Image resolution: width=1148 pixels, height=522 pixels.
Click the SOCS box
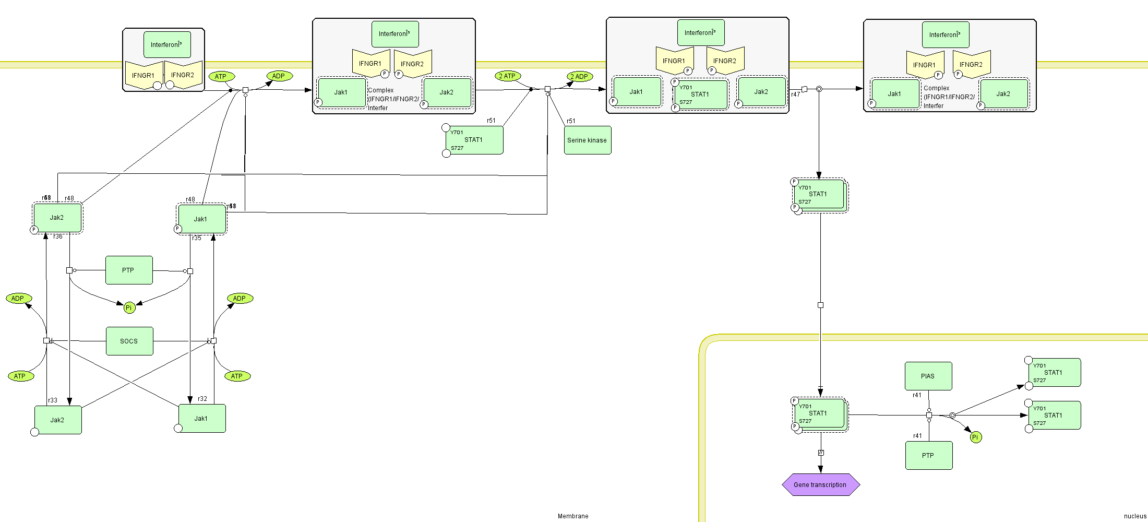point(129,341)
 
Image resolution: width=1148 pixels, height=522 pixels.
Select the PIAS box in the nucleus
point(928,376)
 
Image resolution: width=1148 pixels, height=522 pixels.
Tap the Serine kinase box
point(587,140)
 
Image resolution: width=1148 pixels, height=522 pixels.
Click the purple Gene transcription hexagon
point(820,484)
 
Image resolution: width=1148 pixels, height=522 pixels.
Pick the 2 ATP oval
point(507,76)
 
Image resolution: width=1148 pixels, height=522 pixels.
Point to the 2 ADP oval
point(579,77)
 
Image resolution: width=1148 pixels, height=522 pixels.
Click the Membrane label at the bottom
point(572,516)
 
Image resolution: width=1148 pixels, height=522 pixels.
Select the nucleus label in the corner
point(1135,516)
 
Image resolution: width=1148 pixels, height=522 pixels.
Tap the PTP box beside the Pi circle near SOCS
point(128,270)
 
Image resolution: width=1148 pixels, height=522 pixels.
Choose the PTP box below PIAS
point(928,455)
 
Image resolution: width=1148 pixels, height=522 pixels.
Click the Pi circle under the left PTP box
point(129,307)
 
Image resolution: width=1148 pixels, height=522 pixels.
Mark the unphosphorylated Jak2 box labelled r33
point(57,420)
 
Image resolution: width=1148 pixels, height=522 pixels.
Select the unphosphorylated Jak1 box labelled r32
point(201,418)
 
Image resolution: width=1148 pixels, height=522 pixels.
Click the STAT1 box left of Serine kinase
point(474,140)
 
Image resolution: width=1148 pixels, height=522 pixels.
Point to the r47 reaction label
point(795,94)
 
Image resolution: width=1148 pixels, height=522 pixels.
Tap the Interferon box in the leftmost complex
point(167,44)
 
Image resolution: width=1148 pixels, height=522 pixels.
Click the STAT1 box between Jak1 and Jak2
point(700,94)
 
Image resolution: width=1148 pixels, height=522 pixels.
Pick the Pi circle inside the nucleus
point(975,437)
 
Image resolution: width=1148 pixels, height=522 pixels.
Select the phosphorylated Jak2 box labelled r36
point(57,218)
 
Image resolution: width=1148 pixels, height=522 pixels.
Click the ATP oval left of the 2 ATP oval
point(221,77)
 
